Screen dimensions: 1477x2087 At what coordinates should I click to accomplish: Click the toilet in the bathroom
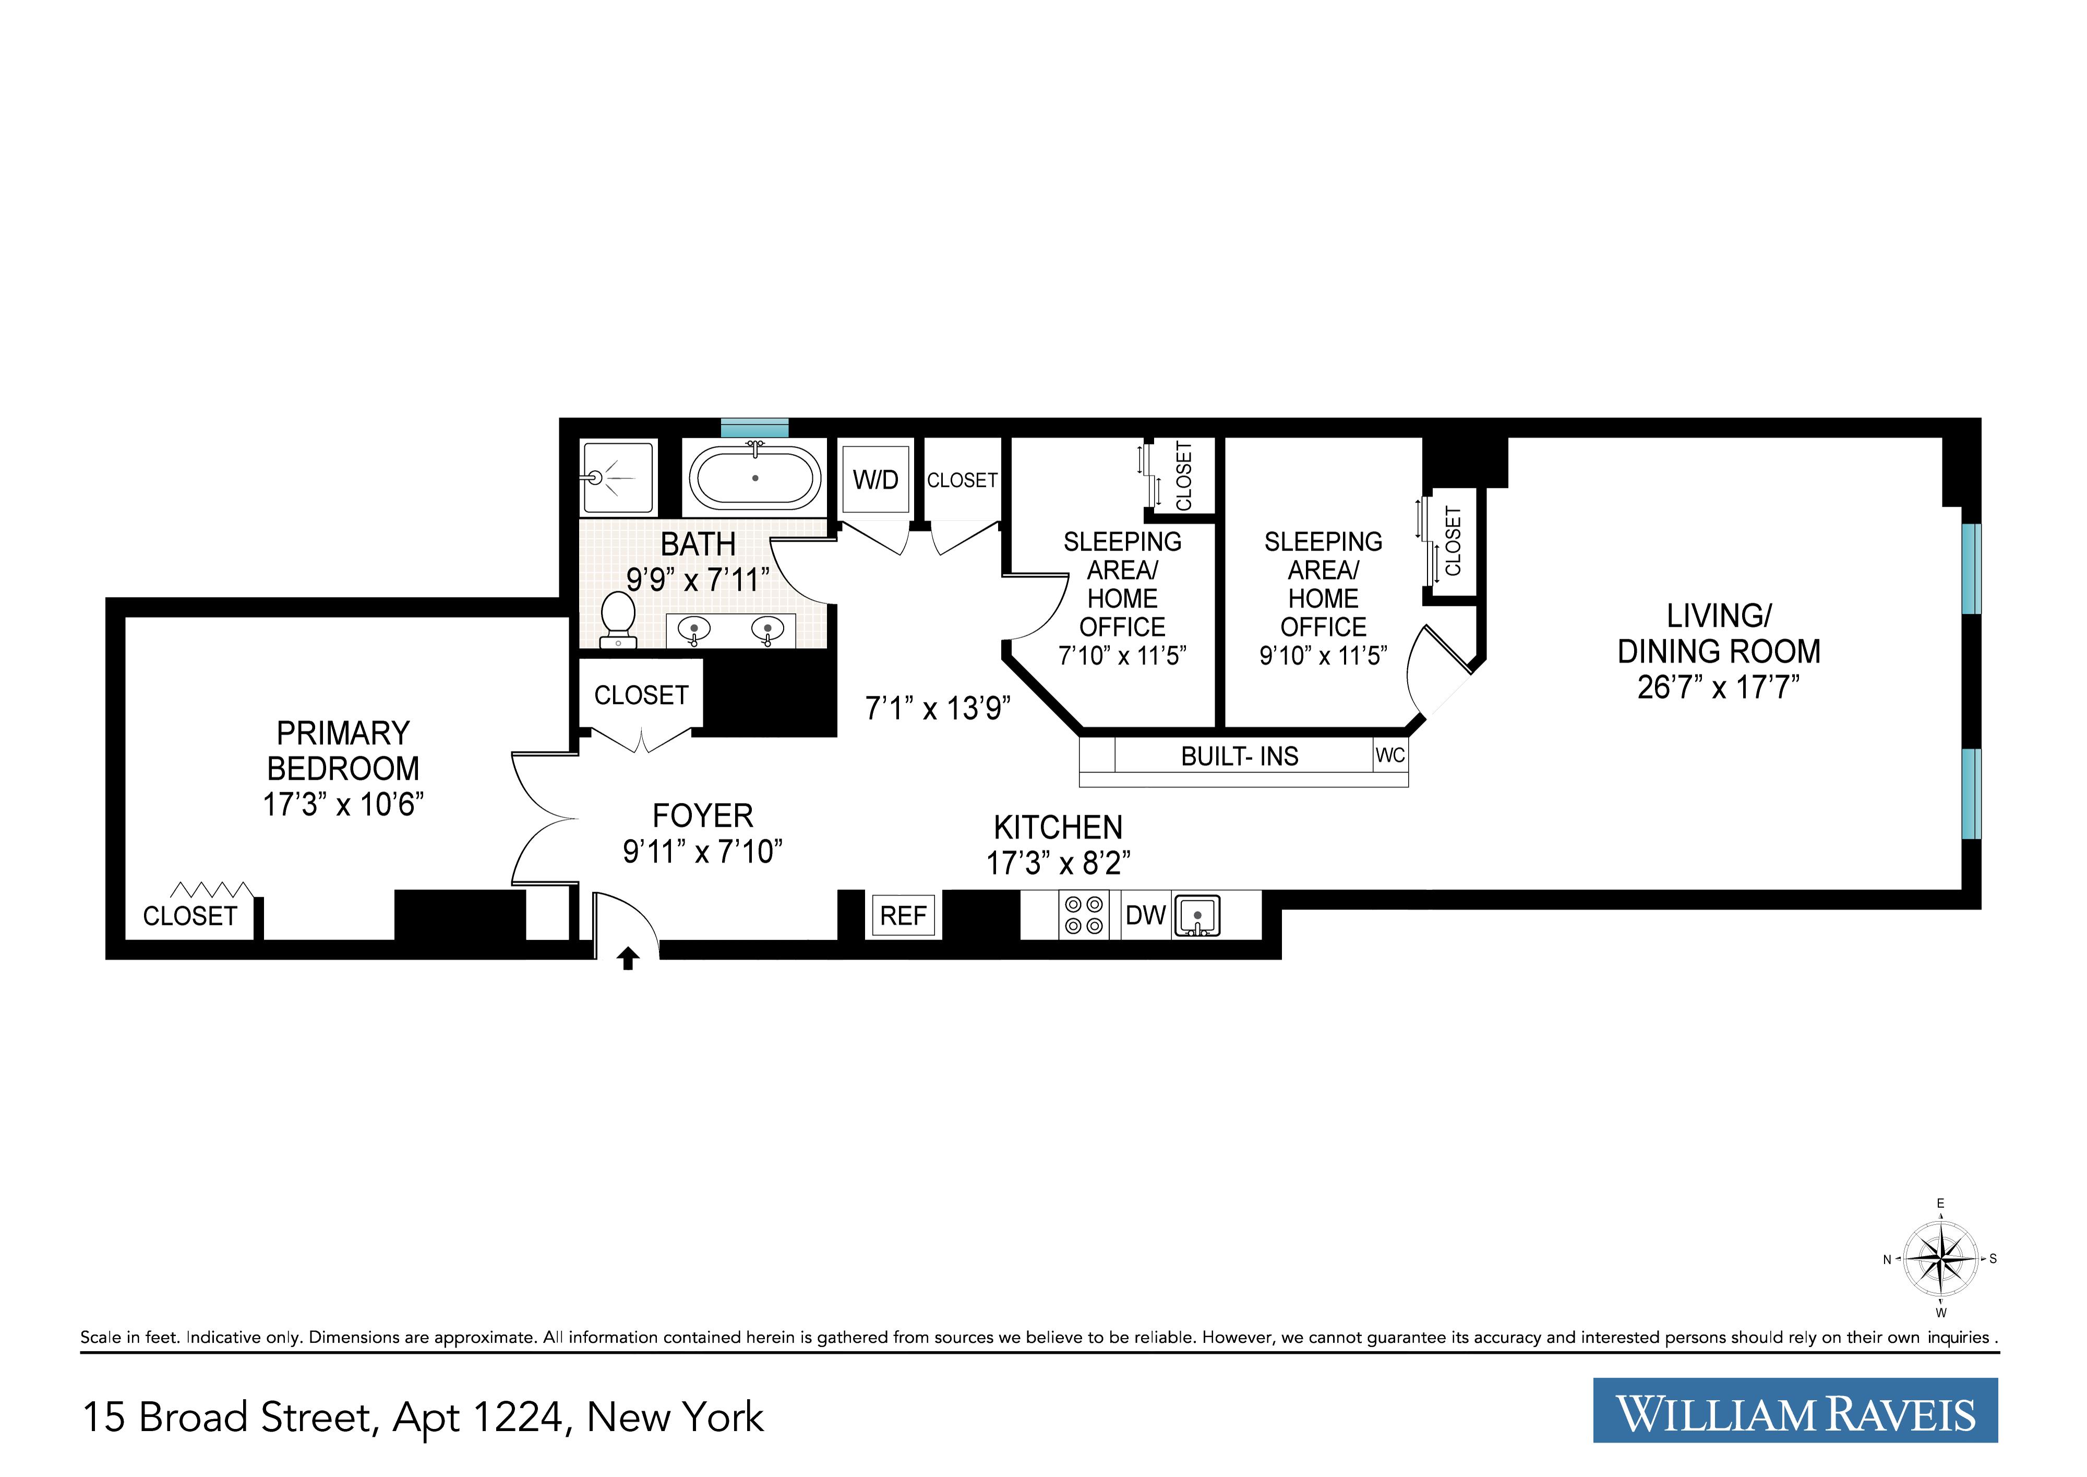[x=619, y=618]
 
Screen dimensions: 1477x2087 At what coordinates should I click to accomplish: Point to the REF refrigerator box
[x=903, y=916]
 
